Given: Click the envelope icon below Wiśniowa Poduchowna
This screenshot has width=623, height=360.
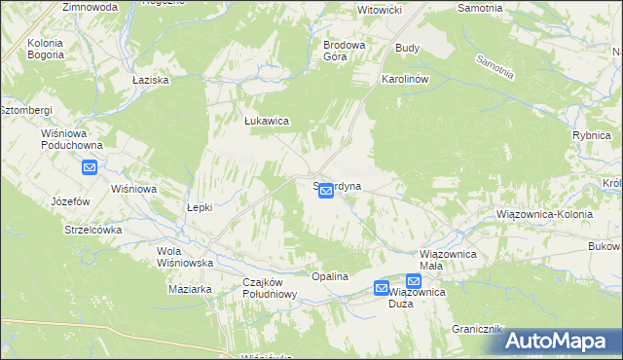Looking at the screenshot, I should point(90,167).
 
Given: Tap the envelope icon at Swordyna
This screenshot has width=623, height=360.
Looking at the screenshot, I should point(327,192).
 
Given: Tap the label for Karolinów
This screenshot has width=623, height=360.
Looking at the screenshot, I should point(406,77).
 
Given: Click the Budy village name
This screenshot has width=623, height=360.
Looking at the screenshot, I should point(407,47).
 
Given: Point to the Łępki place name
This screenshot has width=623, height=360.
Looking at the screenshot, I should point(199,207).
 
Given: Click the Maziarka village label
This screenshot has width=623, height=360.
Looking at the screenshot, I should point(190,289).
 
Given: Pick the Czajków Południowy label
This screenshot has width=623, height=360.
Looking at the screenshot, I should point(269,288).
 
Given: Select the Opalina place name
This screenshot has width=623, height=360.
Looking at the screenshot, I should point(330,276).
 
